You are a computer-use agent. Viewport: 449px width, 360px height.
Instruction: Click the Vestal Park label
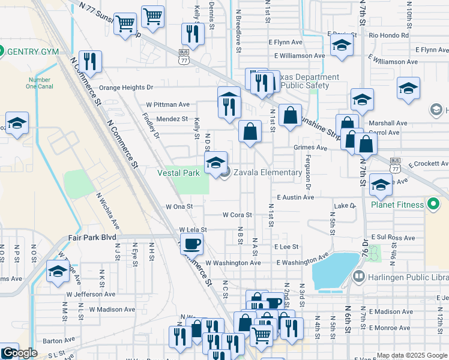[178, 173]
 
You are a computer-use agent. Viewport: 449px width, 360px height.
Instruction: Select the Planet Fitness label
[397, 205]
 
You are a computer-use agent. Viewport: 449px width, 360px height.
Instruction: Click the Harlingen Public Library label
[405, 276]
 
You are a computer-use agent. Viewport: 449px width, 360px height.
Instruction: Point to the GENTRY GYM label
[33, 52]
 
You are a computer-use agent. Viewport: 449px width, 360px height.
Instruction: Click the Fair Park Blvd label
[92, 238]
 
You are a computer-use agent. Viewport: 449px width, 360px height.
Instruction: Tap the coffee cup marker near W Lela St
[191, 243]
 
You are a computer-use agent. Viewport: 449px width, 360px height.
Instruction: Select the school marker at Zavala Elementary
[216, 163]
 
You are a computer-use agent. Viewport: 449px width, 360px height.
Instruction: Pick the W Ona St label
[179, 206]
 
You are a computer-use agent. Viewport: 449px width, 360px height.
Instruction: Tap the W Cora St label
[237, 214]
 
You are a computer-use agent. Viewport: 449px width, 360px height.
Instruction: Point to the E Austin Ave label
[296, 197]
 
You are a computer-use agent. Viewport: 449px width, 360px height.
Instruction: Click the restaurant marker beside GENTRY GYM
[90, 61]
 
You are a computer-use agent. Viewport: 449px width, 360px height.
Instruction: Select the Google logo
[19, 353]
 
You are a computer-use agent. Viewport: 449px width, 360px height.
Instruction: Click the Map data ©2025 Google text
[412, 355]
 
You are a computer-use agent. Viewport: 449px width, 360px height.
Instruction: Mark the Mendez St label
[172, 119]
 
